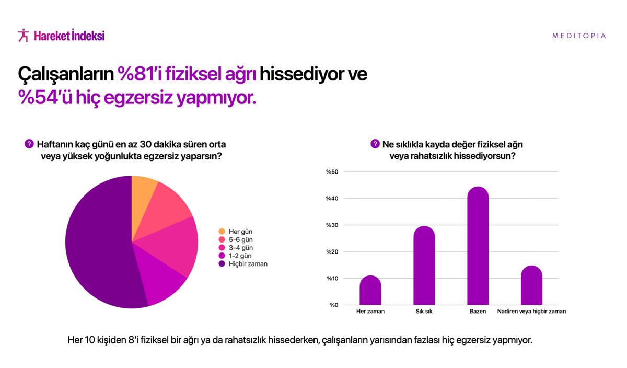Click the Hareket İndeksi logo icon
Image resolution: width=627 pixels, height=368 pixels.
(x=23, y=36)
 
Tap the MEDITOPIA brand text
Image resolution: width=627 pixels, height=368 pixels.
(x=579, y=36)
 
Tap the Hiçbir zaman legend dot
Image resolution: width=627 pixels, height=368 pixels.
(x=222, y=264)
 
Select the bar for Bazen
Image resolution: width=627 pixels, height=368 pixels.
(x=478, y=246)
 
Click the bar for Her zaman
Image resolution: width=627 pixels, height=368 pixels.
(x=370, y=290)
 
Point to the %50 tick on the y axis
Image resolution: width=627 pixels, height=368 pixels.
(x=332, y=172)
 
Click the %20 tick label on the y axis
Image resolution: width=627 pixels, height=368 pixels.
(x=332, y=252)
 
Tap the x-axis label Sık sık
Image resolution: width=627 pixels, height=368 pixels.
(x=424, y=312)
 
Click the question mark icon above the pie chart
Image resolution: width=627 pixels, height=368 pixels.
(x=29, y=144)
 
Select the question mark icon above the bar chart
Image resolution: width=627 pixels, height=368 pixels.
(x=375, y=144)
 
